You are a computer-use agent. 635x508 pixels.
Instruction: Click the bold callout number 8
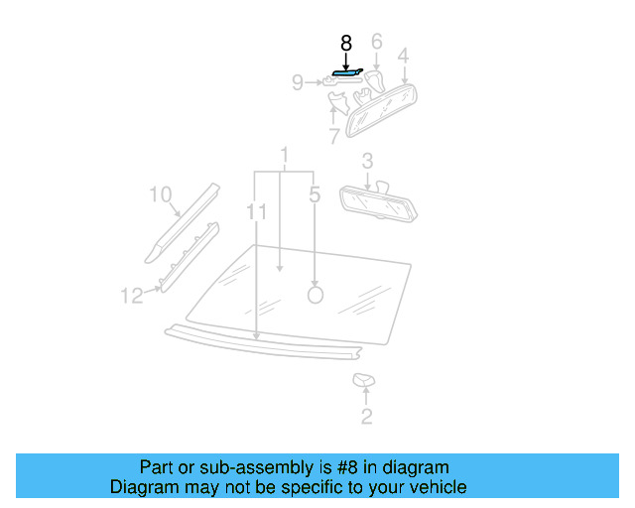pyautogui.click(x=345, y=44)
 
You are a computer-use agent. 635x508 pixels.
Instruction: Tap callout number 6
pyautogui.click(x=376, y=42)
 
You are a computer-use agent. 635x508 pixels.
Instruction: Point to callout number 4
pyautogui.click(x=404, y=56)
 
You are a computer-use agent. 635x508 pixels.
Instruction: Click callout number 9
pyautogui.click(x=297, y=83)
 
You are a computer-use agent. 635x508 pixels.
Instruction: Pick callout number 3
pyautogui.click(x=367, y=161)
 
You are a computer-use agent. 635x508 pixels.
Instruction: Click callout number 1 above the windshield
pyautogui.click(x=284, y=156)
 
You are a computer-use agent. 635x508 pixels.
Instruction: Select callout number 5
pyautogui.click(x=315, y=195)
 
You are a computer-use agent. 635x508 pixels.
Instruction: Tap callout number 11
pyautogui.click(x=257, y=212)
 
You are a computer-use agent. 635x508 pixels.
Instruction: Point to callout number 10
pyautogui.click(x=161, y=194)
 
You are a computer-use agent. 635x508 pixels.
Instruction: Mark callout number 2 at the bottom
pyautogui.click(x=366, y=417)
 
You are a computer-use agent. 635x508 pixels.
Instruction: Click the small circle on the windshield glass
pyautogui.click(x=316, y=295)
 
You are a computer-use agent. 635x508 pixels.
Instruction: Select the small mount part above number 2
pyautogui.click(x=364, y=380)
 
